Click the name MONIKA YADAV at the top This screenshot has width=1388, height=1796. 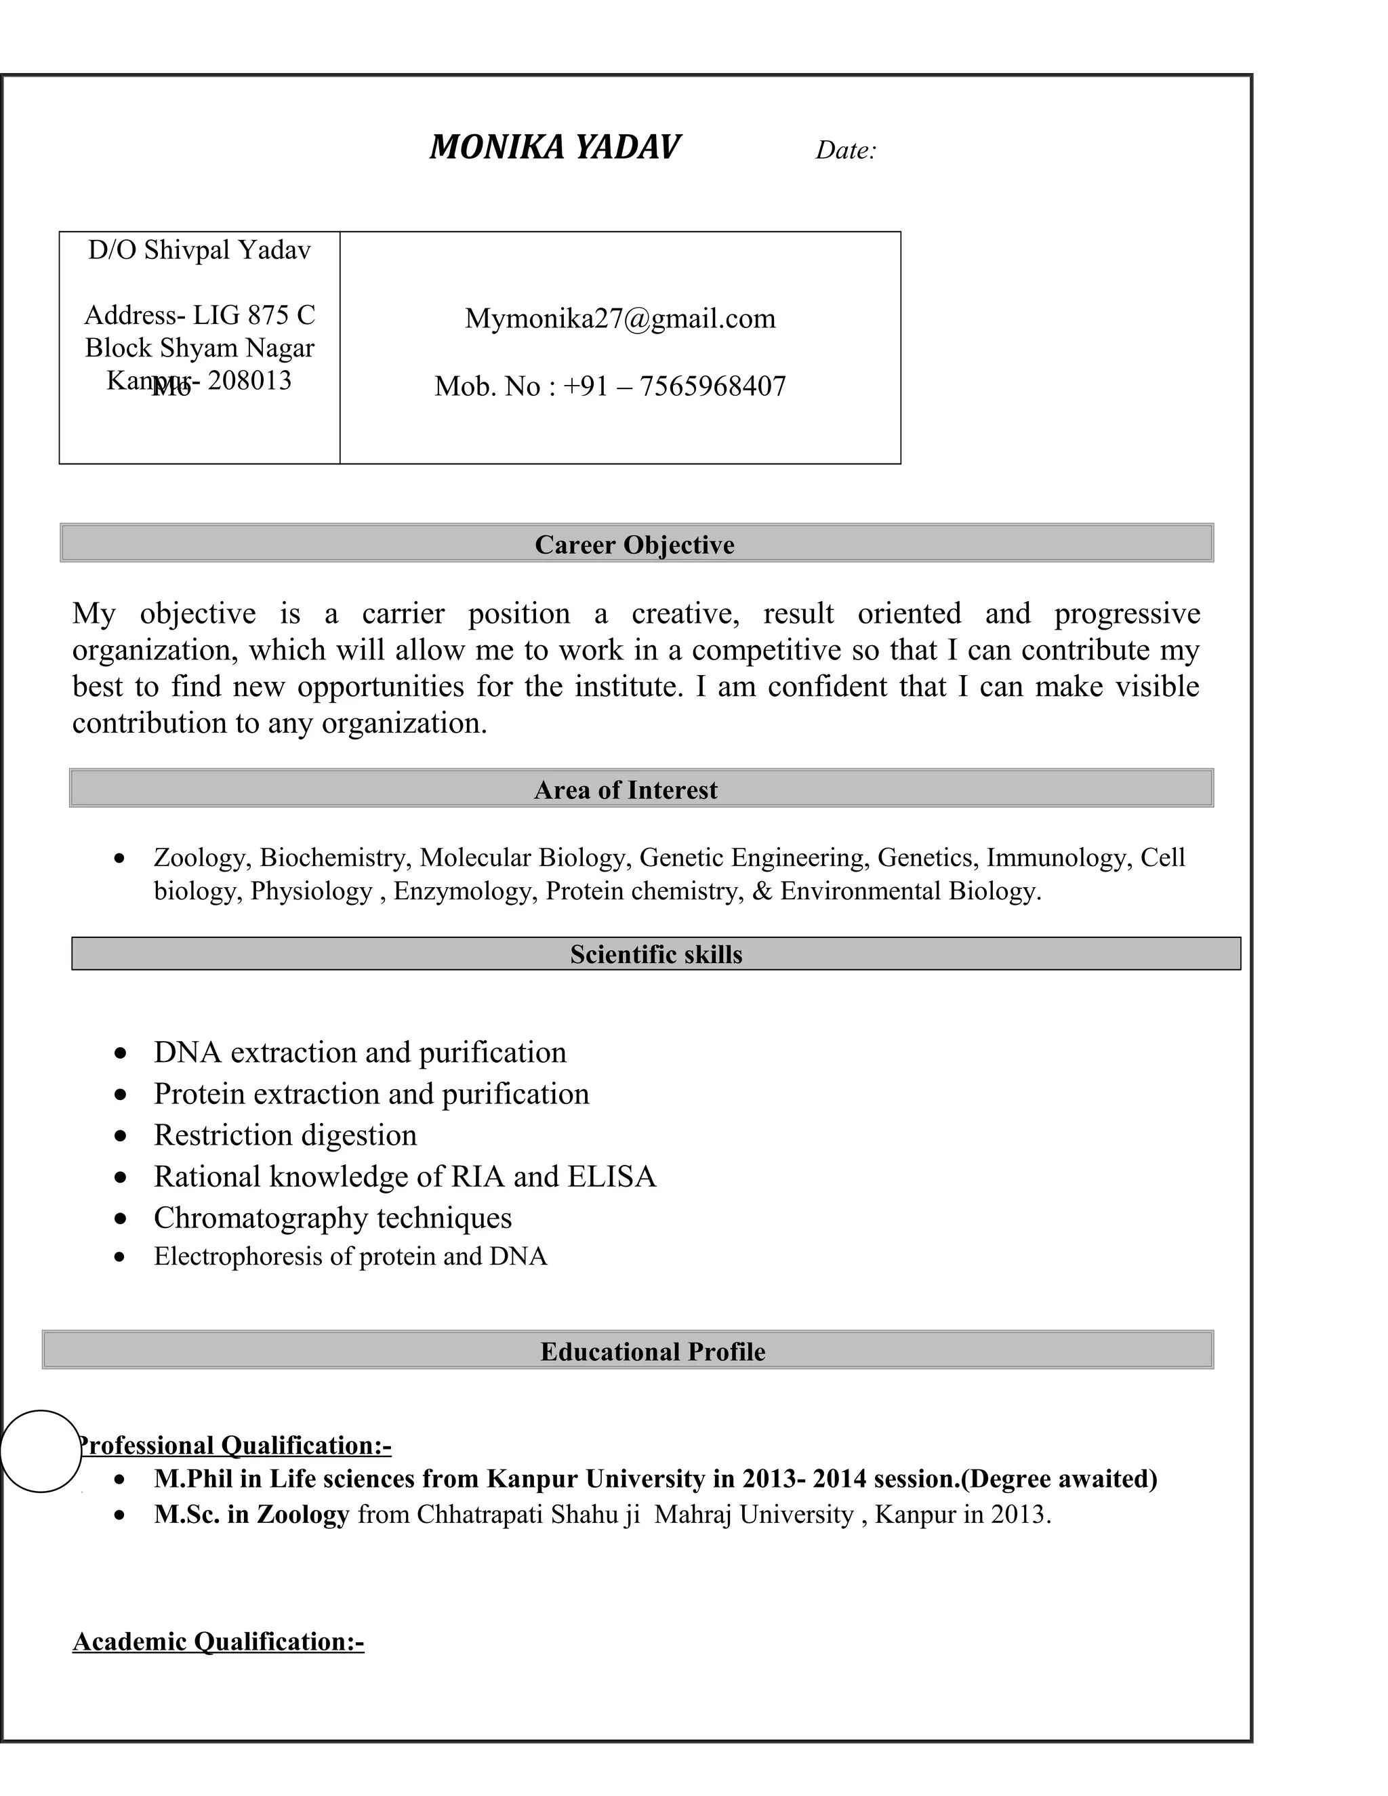tap(554, 148)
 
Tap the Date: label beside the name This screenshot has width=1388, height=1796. tap(845, 150)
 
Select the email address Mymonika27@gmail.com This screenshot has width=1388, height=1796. tap(620, 319)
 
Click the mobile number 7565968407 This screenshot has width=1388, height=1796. tap(712, 386)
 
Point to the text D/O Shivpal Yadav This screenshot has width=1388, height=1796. tap(199, 250)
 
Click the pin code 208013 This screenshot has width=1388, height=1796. tap(249, 381)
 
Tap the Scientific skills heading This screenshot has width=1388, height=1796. tap(655, 954)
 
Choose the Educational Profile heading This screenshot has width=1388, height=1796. tap(652, 1351)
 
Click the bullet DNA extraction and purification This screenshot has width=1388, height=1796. tap(359, 1053)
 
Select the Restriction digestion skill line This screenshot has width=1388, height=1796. tap(285, 1135)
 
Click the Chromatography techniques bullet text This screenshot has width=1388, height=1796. tap(332, 1218)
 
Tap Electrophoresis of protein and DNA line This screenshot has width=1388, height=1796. tap(350, 1257)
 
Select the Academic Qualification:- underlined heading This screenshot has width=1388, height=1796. tap(218, 1641)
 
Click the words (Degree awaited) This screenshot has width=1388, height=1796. tap(1058, 1479)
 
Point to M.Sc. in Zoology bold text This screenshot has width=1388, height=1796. tap(251, 1514)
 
